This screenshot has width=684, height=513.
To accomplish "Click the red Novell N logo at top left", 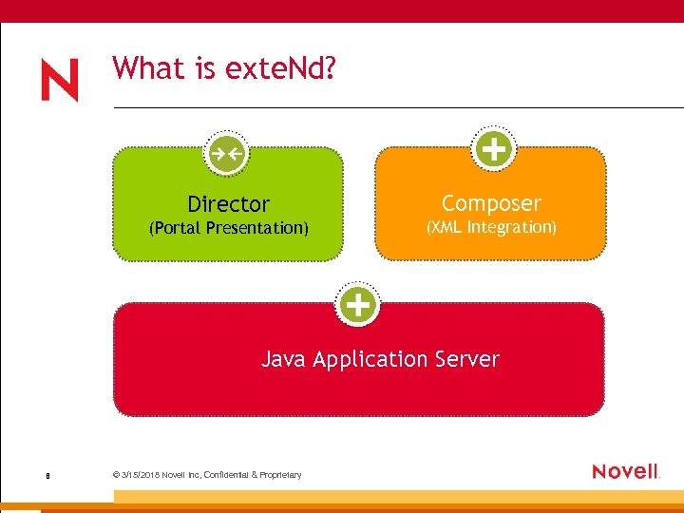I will click(60, 81).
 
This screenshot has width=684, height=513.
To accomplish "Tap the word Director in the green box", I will click(228, 204).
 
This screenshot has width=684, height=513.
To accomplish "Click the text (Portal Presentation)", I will click(228, 228).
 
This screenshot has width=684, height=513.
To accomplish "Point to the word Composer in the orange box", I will click(491, 203).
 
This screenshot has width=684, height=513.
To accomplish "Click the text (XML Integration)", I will click(491, 227).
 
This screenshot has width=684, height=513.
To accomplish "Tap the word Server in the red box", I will click(466, 359).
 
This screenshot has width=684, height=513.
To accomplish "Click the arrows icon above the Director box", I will click(227, 152).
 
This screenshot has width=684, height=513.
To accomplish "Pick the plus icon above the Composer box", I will click(492, 149).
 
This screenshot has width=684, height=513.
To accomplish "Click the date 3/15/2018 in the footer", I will click(140, 475).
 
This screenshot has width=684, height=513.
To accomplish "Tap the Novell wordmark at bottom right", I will click(624, 471).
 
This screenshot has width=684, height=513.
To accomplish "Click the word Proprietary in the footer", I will click(280, 475).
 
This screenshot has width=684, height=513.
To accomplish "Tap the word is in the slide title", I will click(205, 68).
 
